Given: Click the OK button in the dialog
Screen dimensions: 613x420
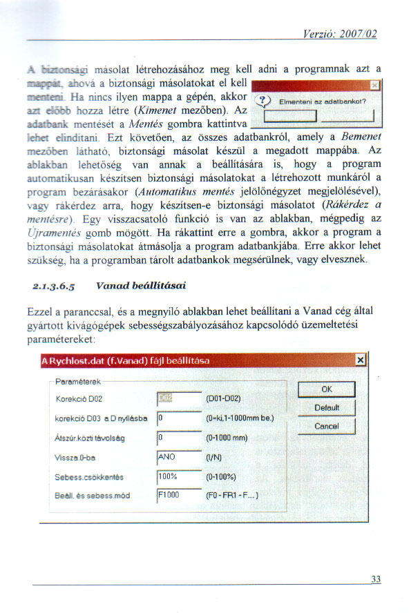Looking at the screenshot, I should [x=327, y=389].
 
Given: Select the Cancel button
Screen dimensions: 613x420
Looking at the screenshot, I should [x=327, y=426].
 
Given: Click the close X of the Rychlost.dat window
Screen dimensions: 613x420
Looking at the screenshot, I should [x=359, y=360].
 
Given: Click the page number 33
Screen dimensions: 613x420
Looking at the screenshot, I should [x=375, y=579].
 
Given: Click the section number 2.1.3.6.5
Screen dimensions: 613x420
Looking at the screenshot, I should [x=55, y=284].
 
